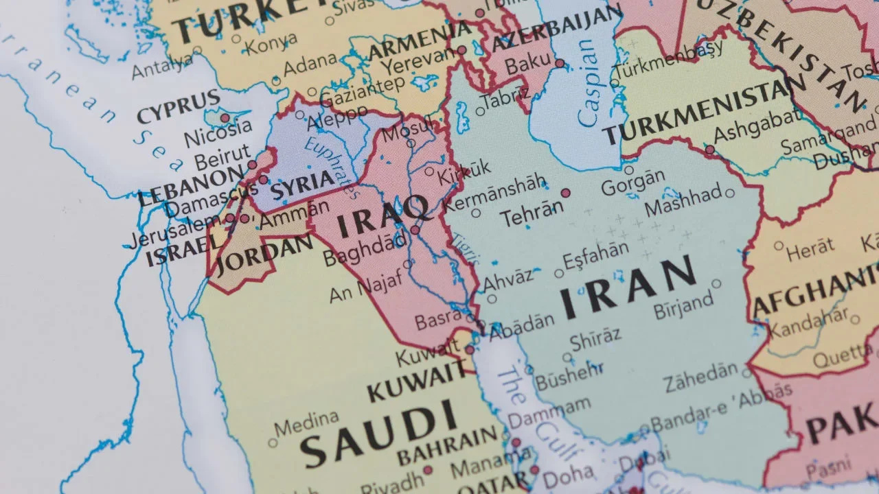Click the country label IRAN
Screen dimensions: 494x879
(x=628, y=288)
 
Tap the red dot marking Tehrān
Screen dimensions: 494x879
(x=566, y=193)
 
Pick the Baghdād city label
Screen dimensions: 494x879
(x=365, y=250)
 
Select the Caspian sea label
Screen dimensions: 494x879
(x=589, y=82)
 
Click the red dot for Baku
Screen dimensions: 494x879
(x=560, y=63)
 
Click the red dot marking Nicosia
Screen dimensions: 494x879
(x=225, y=118)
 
